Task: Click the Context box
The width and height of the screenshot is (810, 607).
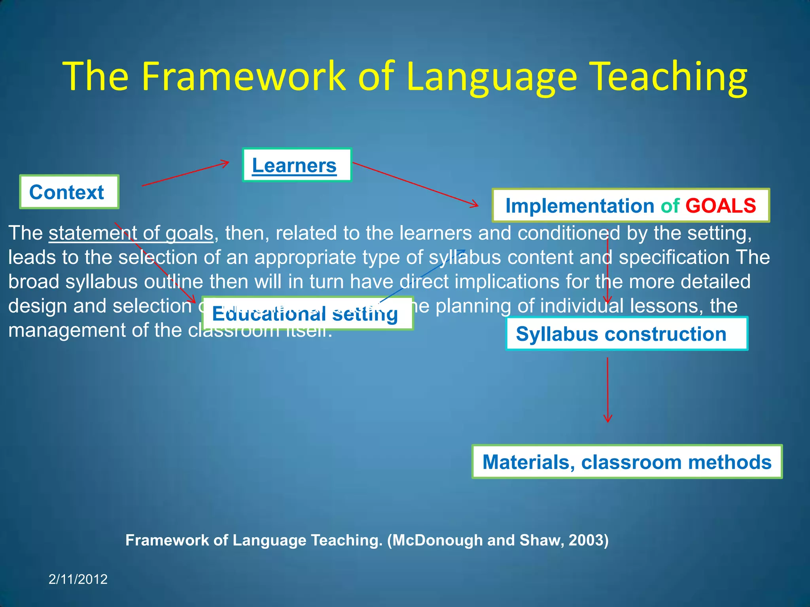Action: pos(69,192)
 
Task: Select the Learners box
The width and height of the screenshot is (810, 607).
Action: pos(297,165)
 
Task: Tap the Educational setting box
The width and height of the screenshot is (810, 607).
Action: pos(307,313)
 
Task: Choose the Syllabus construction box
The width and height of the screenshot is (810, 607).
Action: pos(626,334)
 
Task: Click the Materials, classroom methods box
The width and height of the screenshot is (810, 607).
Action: pos(626,462)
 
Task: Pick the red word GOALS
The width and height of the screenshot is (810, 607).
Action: pos(721,206)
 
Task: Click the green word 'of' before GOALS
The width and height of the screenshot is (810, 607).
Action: pos(670,206)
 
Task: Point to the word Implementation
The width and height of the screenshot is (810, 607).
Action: pos(580,206)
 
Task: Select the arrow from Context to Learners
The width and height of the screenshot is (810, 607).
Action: pos(185,174)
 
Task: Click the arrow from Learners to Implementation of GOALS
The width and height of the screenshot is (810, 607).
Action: pos(415,184)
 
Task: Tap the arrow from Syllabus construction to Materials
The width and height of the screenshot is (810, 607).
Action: pos(607,390)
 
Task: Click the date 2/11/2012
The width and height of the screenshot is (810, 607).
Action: pos(78,579)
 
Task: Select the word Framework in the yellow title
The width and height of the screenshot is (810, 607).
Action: pos(244,76)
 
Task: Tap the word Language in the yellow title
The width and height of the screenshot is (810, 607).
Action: pos(491,76)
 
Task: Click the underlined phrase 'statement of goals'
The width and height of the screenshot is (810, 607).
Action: pos(131,233)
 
